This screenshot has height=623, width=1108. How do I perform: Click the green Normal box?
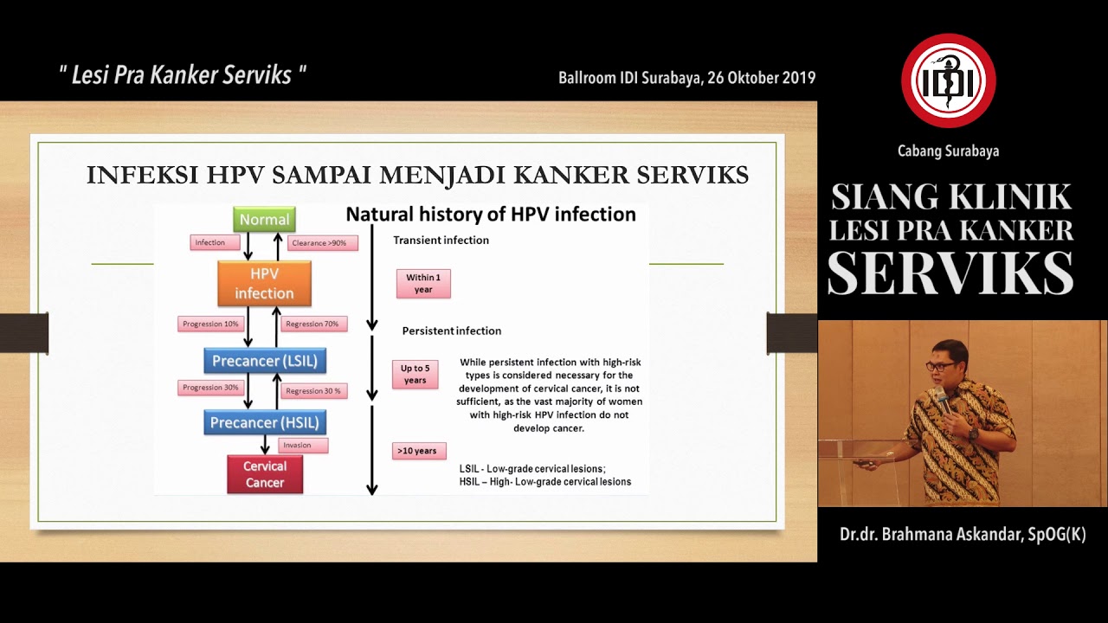click(264, 220)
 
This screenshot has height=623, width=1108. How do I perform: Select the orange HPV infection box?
click(264, 283)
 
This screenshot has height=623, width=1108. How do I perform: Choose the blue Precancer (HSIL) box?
click(265, 423)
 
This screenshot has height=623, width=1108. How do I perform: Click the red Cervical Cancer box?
click(265, 474)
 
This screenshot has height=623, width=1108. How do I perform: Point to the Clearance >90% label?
click(319, 243)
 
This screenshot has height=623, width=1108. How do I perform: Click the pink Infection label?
click(215, 242)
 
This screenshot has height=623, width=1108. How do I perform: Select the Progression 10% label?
click(209, 324)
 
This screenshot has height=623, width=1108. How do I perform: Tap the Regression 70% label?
click(312, 324)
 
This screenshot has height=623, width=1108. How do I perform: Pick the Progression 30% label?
click(209, 388)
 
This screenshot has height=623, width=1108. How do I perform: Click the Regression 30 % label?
click(313, 391)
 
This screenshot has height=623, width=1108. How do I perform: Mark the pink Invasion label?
click(303, 446)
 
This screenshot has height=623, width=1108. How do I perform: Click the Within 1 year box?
click(423, 284)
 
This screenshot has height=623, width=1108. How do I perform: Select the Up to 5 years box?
click(415, 375)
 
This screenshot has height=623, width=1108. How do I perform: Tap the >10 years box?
click(419, 451)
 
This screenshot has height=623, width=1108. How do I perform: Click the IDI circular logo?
click(949, 80)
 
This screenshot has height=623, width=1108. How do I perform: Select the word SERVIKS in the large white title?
click(950, 274)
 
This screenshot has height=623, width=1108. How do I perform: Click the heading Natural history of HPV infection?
click(491, 215)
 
